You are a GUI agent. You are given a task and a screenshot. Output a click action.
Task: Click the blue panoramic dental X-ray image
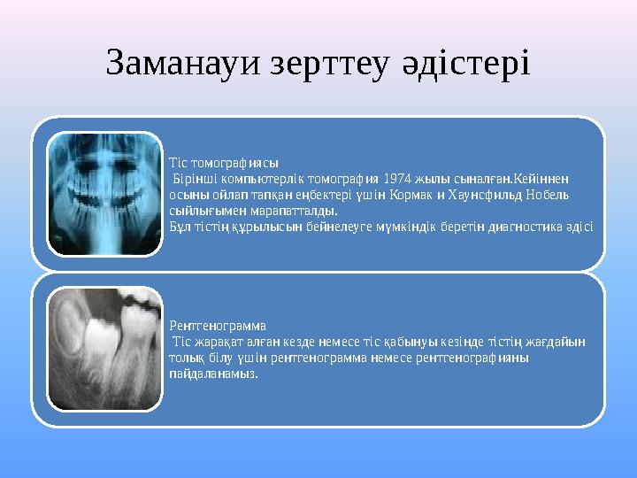[104, 195]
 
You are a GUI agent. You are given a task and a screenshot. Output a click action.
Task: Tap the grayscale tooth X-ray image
[104, 349]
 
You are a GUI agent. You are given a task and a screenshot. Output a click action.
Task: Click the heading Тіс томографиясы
[223, 163]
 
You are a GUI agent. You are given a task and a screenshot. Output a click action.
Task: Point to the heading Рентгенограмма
[218, 326]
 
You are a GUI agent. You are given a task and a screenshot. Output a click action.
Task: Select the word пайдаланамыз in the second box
[212, 374]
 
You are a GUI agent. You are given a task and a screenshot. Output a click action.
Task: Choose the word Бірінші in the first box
[193, 179]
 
